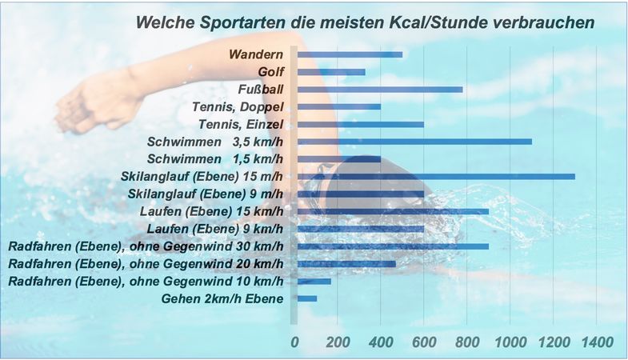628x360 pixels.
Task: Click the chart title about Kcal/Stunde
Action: [366, 22]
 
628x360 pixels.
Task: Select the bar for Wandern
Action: [350, 54]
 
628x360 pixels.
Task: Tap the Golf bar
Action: [331, 72]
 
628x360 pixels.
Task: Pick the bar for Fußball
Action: [380, 89]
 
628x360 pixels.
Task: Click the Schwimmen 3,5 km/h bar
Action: [414, 142]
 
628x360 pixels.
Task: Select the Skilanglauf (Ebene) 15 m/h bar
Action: [436, 176]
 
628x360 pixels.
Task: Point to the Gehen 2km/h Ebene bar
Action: [307, 298]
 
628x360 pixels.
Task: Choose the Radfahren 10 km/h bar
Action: [314, 281]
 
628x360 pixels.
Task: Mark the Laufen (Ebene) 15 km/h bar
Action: [393, 211]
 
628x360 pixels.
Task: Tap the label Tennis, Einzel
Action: [240, 124]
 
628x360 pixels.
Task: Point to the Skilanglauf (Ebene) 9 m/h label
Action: [206, 194]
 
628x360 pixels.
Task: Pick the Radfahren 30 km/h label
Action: [146, 246]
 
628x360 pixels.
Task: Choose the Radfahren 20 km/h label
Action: [146, 263]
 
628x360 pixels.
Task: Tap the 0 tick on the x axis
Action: [294, 342]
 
